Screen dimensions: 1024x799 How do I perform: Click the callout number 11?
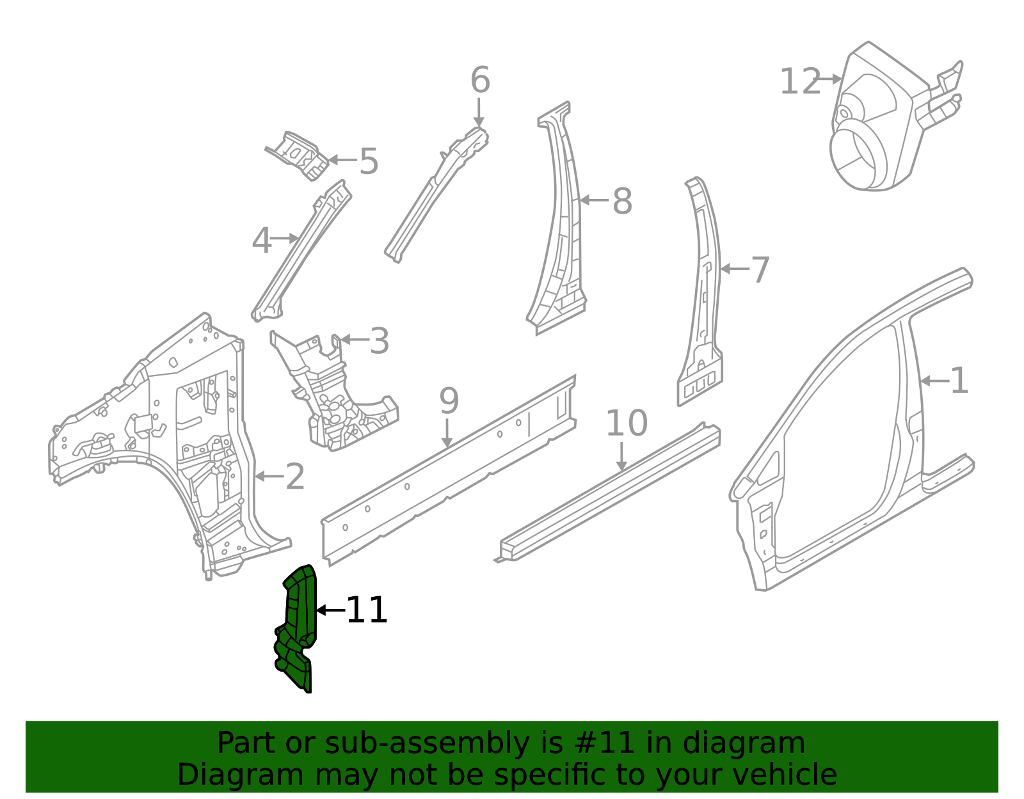coord(367,610)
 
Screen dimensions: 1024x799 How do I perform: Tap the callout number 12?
coord(799,83)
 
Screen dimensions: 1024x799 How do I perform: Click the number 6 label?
coord(480,81)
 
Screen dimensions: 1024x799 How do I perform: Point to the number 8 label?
coord(622,202)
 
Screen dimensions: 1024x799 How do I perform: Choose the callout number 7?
coord(760,270)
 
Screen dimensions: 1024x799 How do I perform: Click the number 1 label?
coord(959,381)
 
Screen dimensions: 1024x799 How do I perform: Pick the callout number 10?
coord(626,423)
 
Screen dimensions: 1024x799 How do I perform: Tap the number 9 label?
coord(449,402)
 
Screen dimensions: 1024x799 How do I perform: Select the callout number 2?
coord(294,477)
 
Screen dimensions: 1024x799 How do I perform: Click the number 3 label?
coord(380,342)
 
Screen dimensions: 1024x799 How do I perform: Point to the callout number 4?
coord(261,242)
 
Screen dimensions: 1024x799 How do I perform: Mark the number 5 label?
coord(369,161)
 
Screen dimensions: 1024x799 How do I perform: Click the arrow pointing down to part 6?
coord(479,113)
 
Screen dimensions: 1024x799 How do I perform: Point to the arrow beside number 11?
coord(330,610)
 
